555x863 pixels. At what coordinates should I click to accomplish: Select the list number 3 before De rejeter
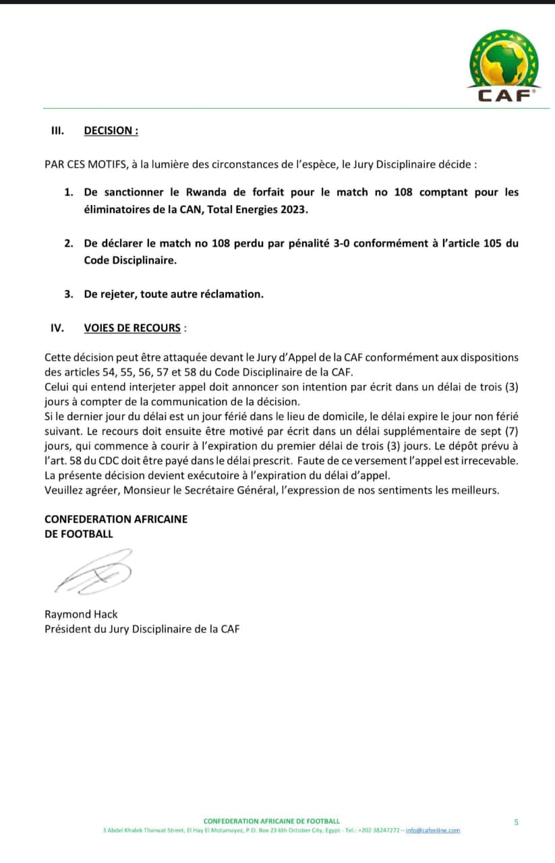coord(68,294)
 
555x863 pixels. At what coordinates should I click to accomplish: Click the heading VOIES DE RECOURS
coord(132,328)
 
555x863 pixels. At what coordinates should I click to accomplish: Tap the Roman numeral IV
coord(57,328)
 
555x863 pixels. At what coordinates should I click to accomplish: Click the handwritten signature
coord(94,572)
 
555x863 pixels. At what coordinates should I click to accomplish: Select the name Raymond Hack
coord(81,614)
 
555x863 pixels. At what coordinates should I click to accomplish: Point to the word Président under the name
coord(67,629)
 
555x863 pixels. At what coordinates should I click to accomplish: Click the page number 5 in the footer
coord(516,822)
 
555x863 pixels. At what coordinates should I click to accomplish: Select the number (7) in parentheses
coord(511,430)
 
